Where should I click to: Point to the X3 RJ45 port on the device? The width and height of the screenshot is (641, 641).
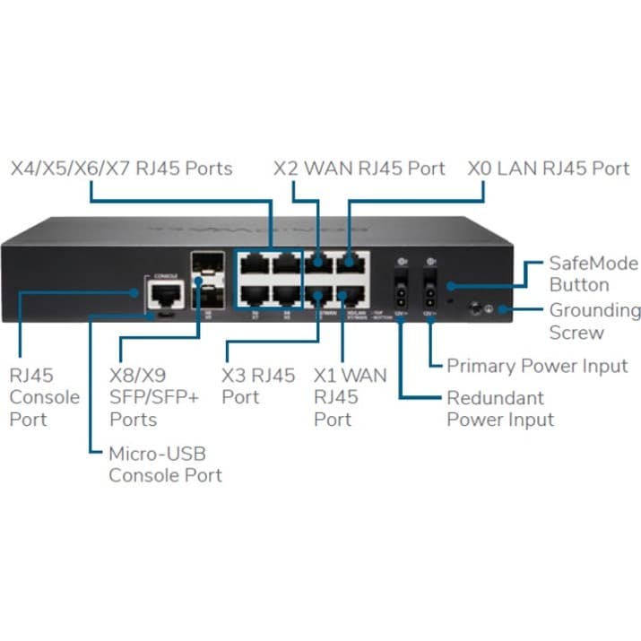[x=318, y=294]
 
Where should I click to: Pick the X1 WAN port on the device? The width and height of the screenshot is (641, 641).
[x=348, y=294]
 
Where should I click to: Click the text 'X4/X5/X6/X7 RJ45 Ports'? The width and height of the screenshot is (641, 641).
[x=121, y=169]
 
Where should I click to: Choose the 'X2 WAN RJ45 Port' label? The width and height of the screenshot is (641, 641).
[x=359, y=169]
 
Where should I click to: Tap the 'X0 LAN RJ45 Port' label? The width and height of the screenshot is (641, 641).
[x=549, y=169]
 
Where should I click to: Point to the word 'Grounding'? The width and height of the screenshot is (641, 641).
[x=594, y=311]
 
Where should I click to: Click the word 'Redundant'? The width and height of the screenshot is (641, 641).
[x=496, y=397]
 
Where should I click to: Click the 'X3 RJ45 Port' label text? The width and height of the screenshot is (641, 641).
[x=258, y=386]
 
